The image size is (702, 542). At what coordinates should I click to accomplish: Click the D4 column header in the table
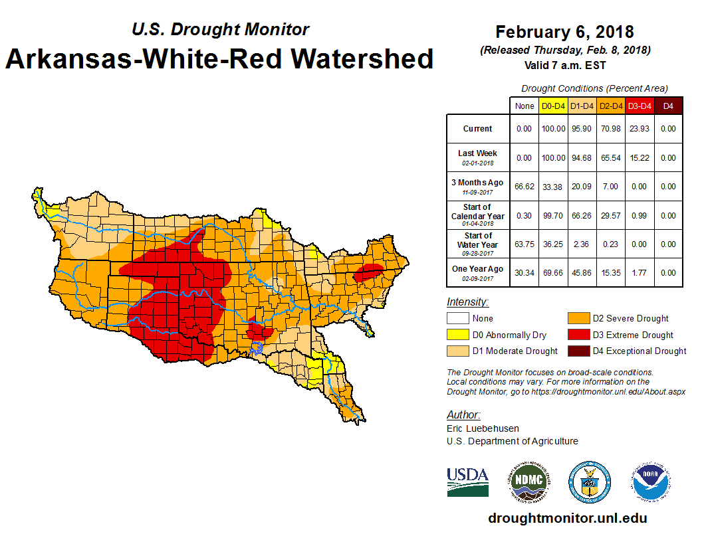pyautogui.click(x=668, y=106)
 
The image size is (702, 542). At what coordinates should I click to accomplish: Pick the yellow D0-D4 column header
pyautogui.click(x=553, y=106)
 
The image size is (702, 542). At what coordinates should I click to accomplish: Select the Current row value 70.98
pyautogui.click(x=610, y=129)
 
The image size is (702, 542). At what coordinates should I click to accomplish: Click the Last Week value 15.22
pyautogui.click(x=640, y=158)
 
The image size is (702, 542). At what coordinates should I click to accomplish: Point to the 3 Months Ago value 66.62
pyautogui.click(x=525, y=187)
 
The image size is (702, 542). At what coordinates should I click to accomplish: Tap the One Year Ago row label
pyautogui.click(x=477, y=272)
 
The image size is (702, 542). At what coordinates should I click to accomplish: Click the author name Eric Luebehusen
pyautogui.click(x=483, y=428)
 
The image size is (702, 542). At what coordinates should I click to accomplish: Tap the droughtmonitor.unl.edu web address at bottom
pyautogui.click(x=567, y=518)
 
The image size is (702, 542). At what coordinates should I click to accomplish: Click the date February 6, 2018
pyautogui.click(x=564, y=32)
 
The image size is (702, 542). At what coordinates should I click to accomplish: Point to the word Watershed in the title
pyautogui.click(x=363, y=59)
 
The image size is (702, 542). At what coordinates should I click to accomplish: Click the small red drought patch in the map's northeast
pyautogui.click(x=367, y=273)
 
